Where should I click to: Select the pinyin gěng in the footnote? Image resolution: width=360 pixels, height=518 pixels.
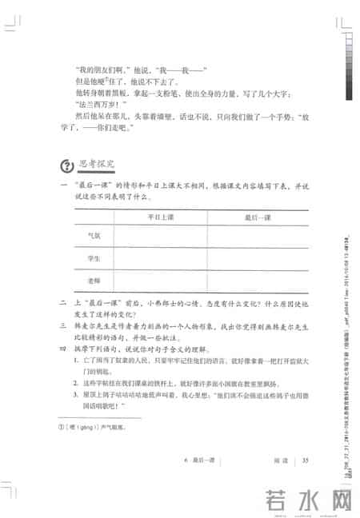click(x=85, y=428)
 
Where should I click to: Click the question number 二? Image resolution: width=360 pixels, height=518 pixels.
click(x=62, y=303)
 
